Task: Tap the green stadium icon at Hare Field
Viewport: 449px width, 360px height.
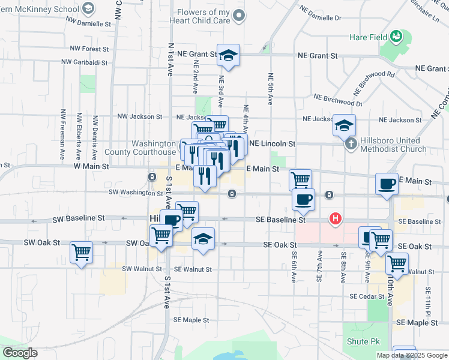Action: click(x=396, y=37)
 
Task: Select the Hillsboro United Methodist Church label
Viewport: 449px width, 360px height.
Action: click(x=394, y=145)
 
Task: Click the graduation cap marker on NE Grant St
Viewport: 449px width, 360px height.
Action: click(x=228, y=55)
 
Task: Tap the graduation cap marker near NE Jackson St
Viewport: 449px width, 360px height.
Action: click(x=344, y=125)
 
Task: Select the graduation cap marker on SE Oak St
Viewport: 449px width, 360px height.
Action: click(x=203, y=238)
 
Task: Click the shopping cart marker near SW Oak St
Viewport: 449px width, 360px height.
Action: click(x=81, y=252)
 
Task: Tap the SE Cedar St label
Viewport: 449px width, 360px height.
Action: click(x=367, y=296)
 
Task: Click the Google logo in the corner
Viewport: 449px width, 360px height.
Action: click(x=20, y=353)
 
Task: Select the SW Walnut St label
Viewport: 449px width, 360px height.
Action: click(x=143, y=269)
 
